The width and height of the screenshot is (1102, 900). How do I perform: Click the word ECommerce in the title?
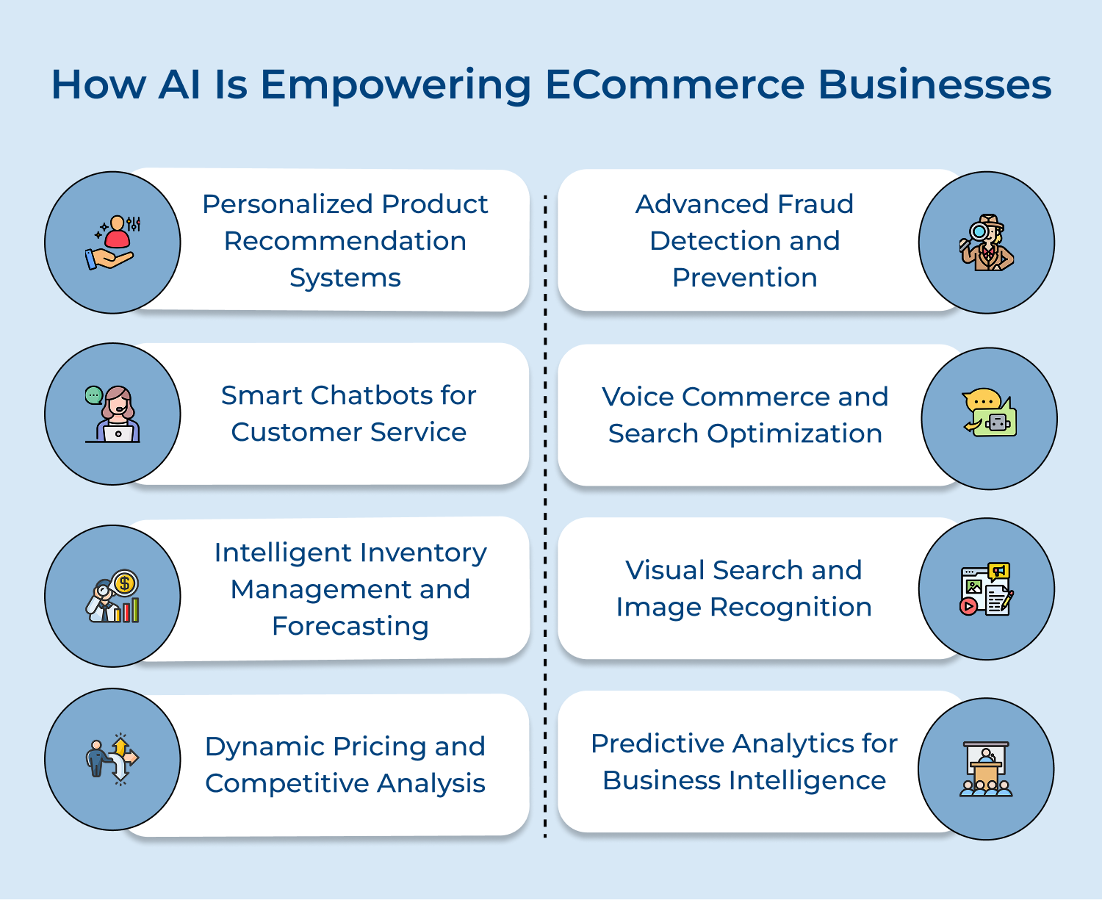tap(674, 84)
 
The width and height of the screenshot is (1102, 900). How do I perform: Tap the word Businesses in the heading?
tap(934, 84)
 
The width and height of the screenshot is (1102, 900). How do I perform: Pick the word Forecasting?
tap(350, 626)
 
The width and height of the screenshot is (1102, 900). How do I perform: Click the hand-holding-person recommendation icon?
tap(112, 242)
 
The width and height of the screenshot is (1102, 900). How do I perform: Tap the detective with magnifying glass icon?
tap(986, 242)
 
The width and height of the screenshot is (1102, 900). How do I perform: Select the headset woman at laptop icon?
tap(112, 414)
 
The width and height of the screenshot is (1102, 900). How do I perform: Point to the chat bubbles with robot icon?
tap(989, 413)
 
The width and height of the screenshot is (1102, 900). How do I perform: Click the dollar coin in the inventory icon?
tap(125, 583)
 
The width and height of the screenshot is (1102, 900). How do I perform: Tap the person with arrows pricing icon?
tap(112, 759)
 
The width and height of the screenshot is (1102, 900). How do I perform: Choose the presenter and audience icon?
tap(986, 769)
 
